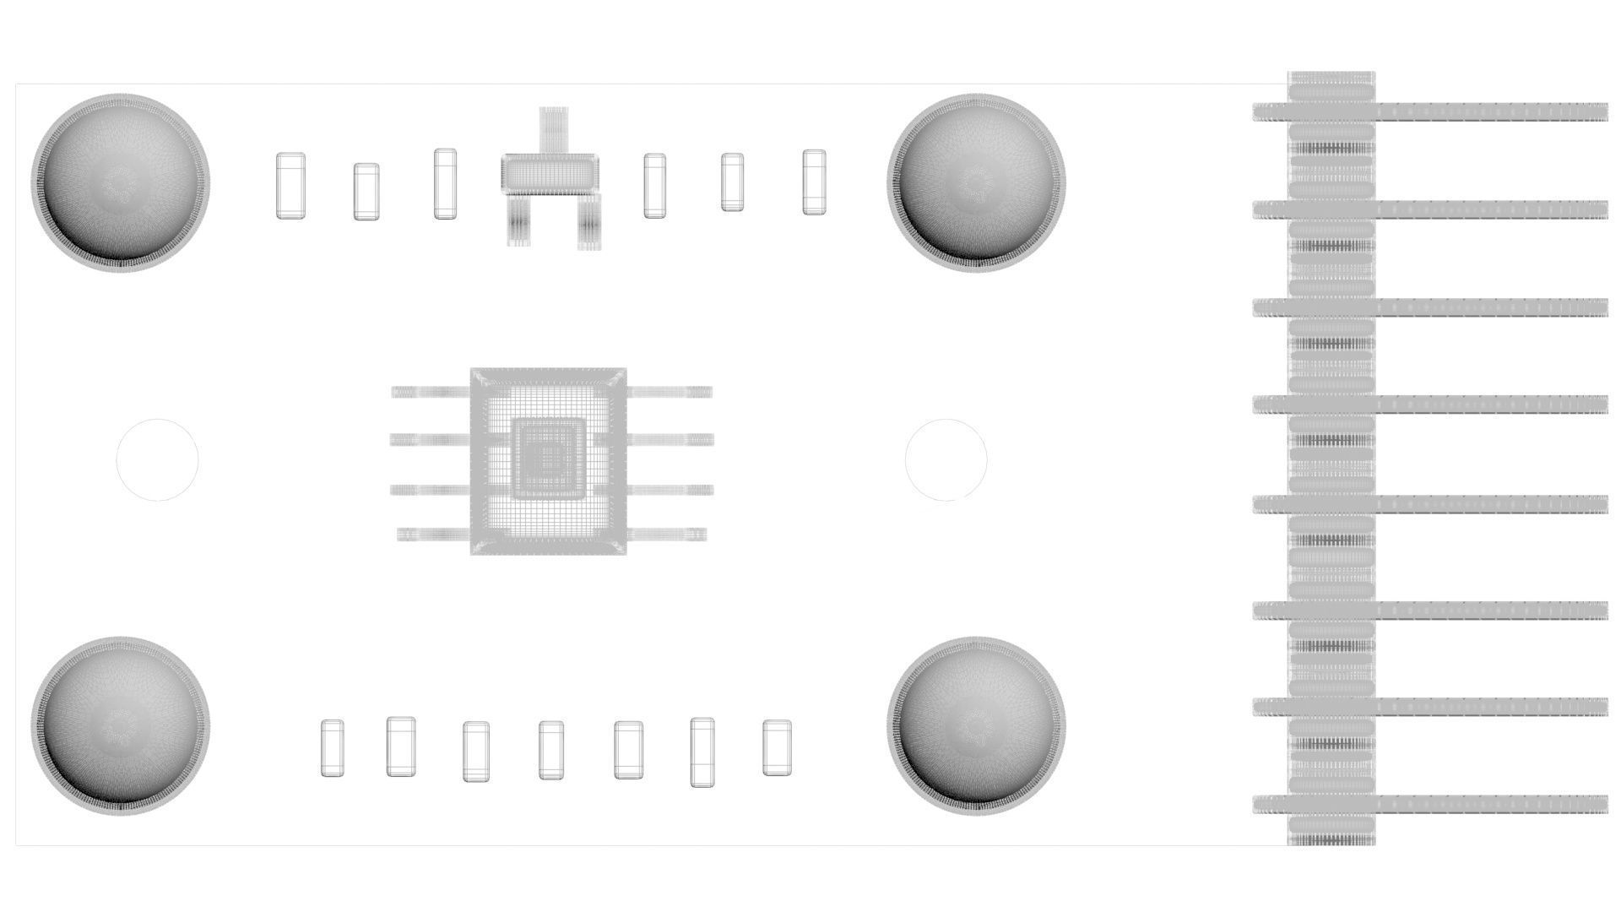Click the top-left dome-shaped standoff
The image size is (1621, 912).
pos(120,182)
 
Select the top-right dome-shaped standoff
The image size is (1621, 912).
pos(976,182)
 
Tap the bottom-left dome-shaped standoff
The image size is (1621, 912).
pos(120,725)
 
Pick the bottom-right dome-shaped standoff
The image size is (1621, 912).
pos(976,725)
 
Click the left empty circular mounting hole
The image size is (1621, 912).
pos(157,459)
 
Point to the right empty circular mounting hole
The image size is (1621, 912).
pos(946,459)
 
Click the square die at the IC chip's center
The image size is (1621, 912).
pos(548,459)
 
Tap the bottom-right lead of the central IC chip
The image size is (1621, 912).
pos(667,534)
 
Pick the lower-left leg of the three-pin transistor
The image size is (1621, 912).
pos(517,220)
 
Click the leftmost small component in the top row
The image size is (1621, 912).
pos(290,186)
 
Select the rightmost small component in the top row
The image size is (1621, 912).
pos(814,182)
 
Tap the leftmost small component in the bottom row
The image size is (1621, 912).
pos(333,748)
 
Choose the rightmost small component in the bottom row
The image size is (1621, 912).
pos(777,747)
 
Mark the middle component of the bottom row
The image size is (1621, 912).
pos(551,750)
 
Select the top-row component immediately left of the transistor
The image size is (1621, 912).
pos(445,183)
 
